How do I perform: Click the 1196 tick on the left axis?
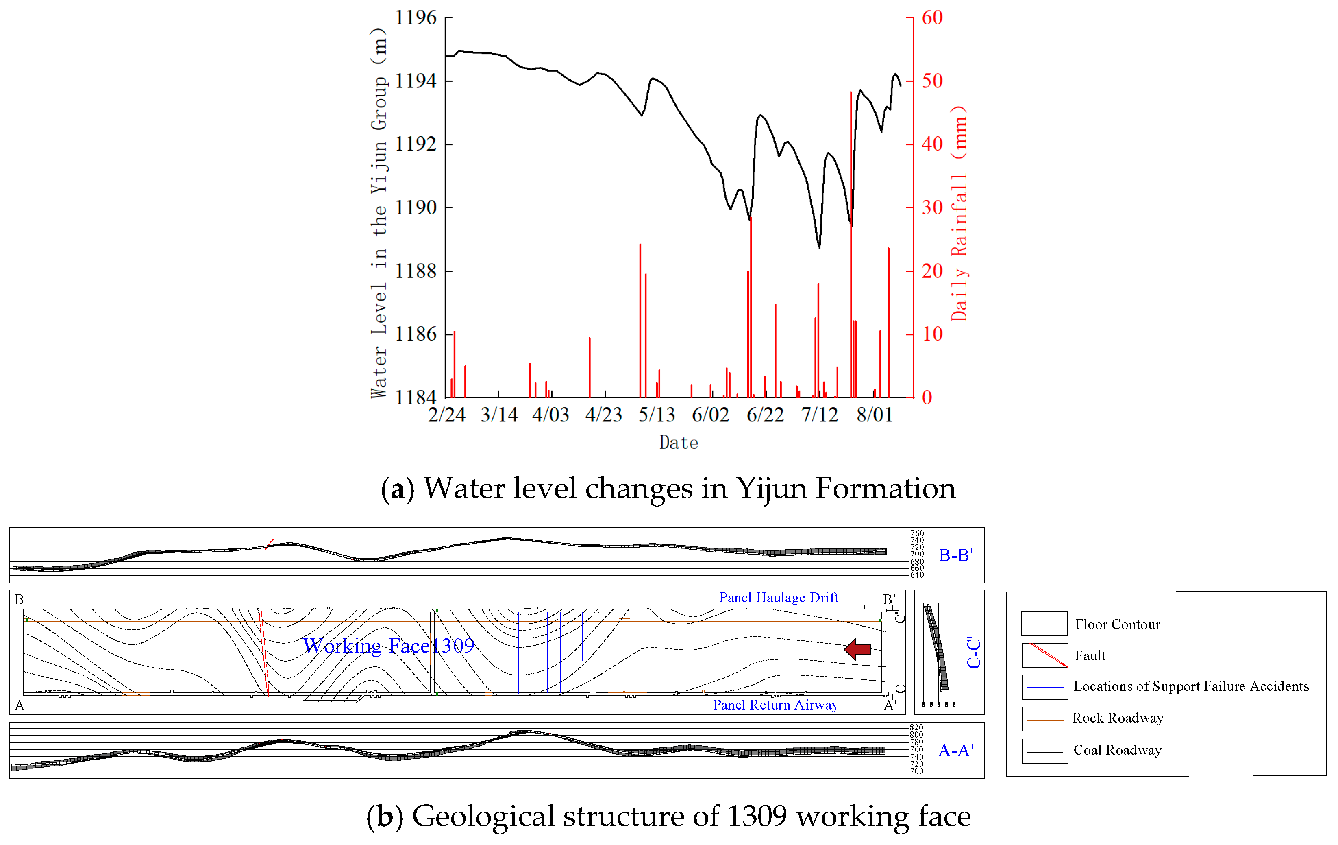coord(416,18)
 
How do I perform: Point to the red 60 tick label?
coord(932,18)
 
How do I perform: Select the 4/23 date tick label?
coord(603,415)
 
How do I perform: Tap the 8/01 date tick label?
coord(874,415)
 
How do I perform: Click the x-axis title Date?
coord(679,443)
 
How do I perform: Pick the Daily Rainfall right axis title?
coord(959,214)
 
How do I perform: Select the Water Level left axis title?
coord(379,214)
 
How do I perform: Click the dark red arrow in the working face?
coord(857,649)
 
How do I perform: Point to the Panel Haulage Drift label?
coord(779,598)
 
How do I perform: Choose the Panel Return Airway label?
coord(775,705)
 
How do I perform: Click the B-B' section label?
coord(956,555)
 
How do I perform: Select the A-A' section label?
coord(956,751)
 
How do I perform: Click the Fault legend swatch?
coord(1044,655)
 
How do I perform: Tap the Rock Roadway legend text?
coord(1117,718)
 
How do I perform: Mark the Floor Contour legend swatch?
coord(1044,624)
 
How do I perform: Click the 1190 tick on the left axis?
coord(416,208)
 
